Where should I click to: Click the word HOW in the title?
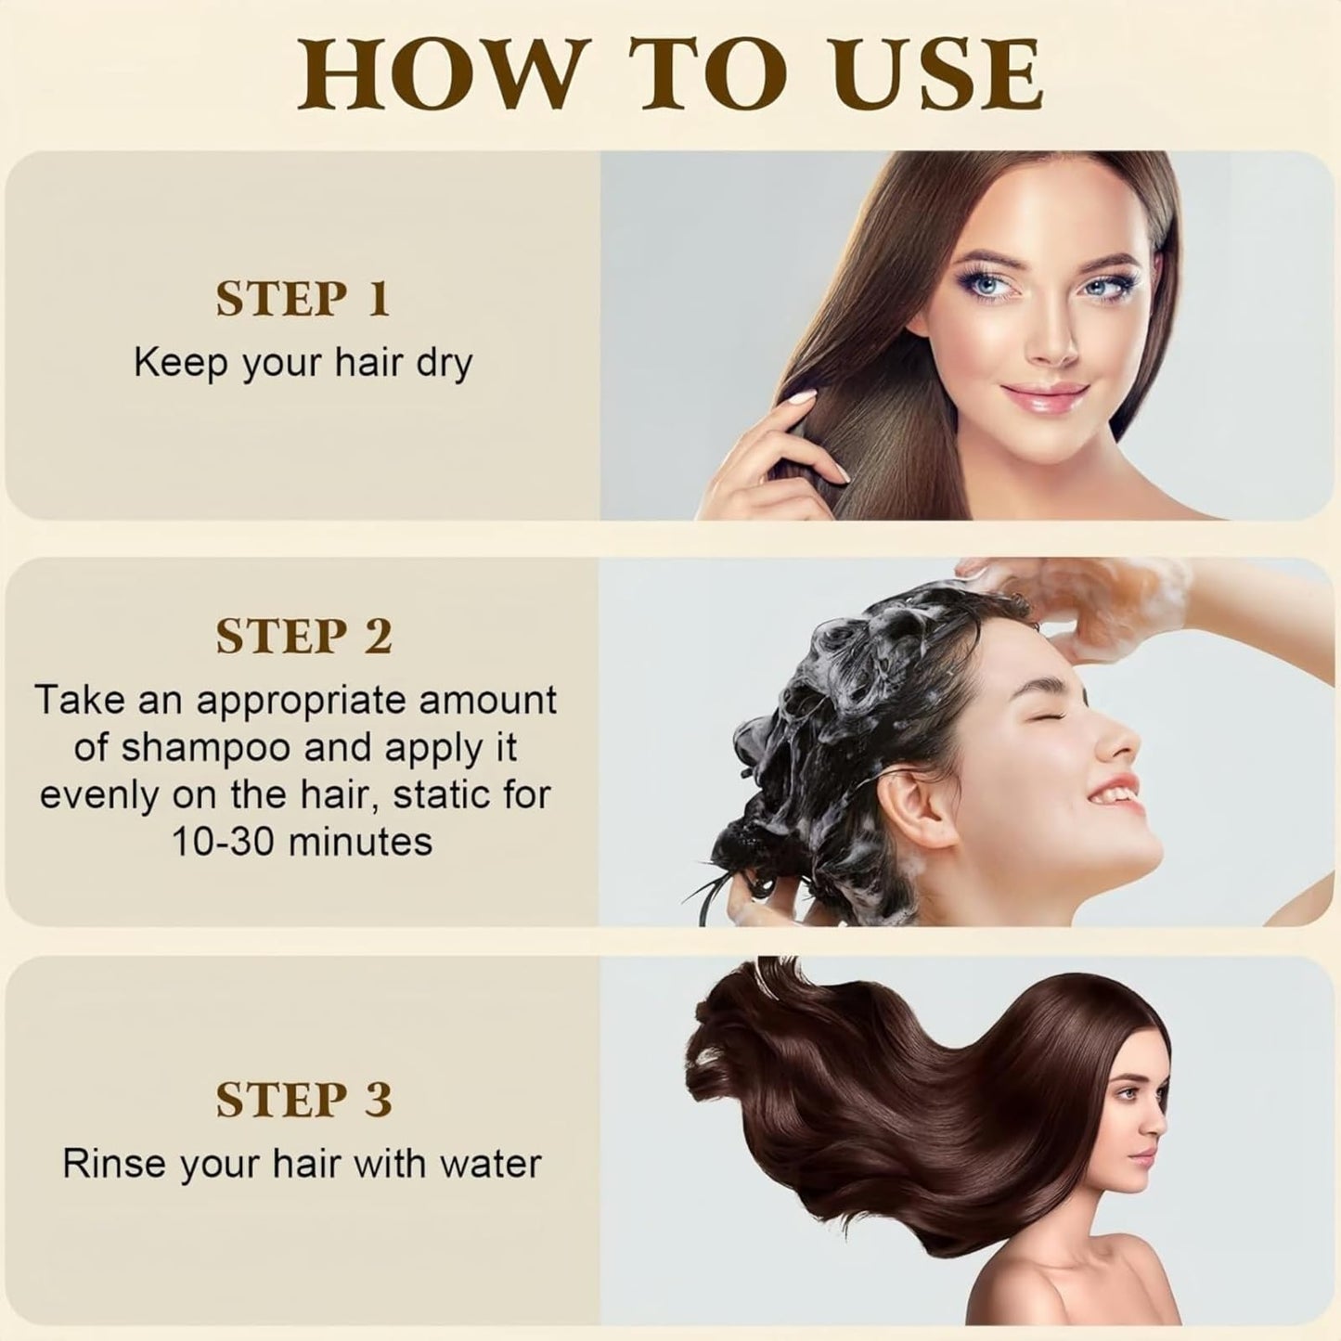tap(438, 76)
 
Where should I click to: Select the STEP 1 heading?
tap(303, 300)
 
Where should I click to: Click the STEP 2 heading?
tap(304, 636)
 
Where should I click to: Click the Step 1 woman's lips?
tap(1042, 398)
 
